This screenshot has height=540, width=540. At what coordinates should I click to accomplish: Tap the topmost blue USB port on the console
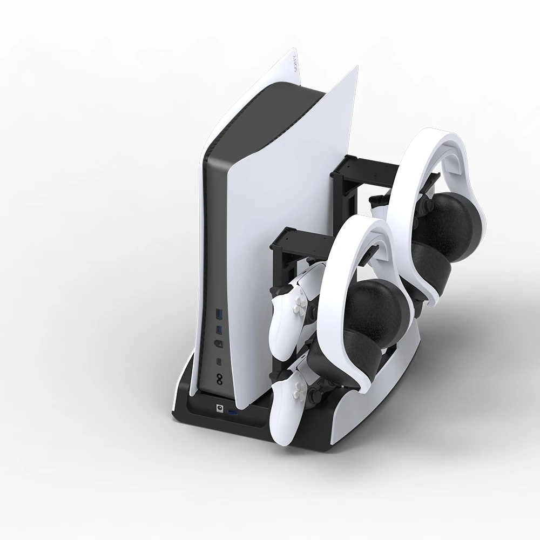coord(218,314)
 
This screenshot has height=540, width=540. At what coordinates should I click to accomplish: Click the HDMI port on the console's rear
coord(218,344)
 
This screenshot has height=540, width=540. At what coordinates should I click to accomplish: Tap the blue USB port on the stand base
coord(233,413)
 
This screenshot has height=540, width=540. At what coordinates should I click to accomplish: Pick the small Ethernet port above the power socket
coord(219,361)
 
